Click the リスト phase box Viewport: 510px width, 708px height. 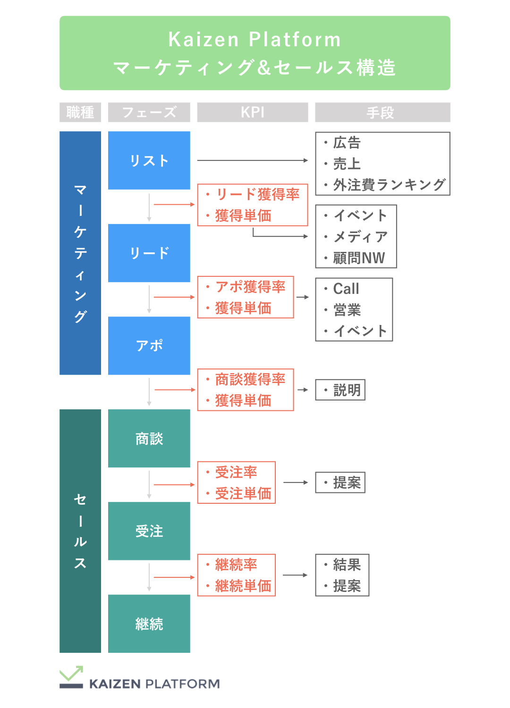point(149,160)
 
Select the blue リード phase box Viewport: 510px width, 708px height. point(149,253)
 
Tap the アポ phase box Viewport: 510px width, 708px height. point(149,345)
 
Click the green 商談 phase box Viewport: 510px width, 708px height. point(149,438)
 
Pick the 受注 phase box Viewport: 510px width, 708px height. point(149,531)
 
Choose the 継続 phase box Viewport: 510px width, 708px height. point(149,624)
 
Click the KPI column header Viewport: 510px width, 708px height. point(252,112)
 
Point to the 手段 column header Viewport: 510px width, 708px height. point(382,112)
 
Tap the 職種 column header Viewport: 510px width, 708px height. point(80,112)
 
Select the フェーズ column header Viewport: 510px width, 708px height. point(149,112)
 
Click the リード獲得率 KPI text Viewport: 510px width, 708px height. point(257,194)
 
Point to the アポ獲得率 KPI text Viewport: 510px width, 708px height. point(250,287)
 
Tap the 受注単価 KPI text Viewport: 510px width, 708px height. point(243,493)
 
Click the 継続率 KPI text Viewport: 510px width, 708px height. point(236,565)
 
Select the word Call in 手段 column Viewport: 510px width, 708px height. point(346,289)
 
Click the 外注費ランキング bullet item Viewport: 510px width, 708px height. point(389,185)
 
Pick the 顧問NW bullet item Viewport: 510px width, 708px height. point(359,258)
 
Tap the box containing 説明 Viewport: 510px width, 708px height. point(340,390)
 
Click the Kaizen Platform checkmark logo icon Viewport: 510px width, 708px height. point(71,677)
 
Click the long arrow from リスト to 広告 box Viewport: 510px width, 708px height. point(252,160)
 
